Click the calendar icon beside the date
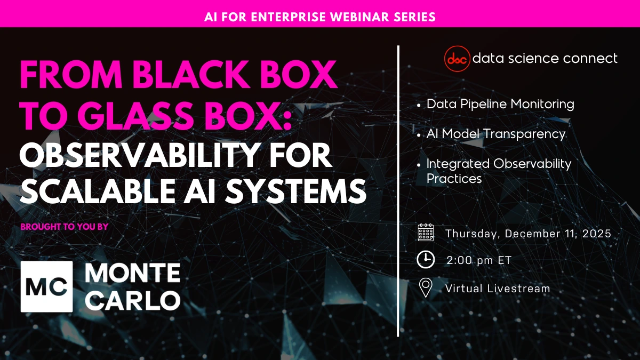coord(425,233)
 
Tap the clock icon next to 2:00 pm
coord(425,260)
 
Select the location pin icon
coord(425,288)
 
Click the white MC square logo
coord(46,286)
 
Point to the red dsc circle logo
coord(457,59)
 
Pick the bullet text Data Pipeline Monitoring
coord(500,104)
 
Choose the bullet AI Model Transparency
coord(495,134)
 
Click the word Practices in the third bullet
coord(454,179)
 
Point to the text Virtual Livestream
coord(497,289)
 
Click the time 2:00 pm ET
coord(478,260)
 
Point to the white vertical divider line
coord(398,192)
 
